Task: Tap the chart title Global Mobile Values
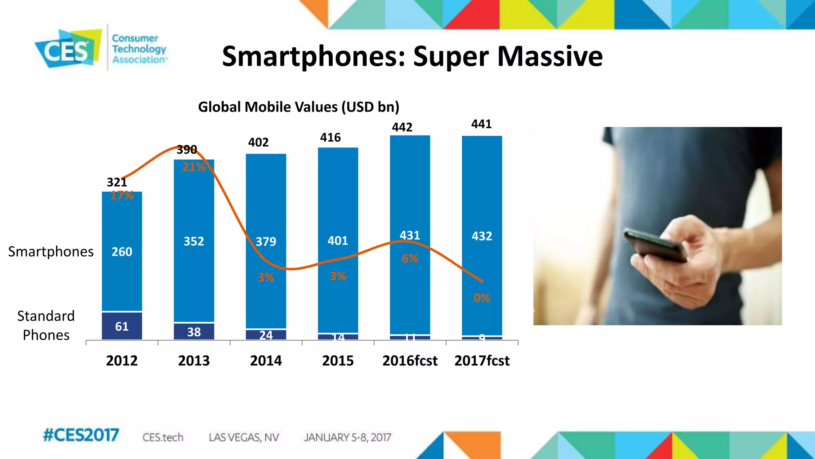[x=298, y=107]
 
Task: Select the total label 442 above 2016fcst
[x=402, y=127]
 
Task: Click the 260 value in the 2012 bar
[x=122, y=252]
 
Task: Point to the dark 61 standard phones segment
[x=122, y=326]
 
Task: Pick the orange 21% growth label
[x=194, y=167]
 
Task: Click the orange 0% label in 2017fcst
[x=482, y=298]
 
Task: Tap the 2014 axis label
[x=266, y=361]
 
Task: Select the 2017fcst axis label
[x=482, y=361]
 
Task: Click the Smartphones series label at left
[x=51, y=252]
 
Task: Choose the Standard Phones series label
[x=46, y=326]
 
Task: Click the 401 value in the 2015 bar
[x=337, y=241]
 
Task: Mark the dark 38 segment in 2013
[x=194, y=331]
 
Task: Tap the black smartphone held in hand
[x=655, y=245]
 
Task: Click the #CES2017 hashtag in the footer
[x=81, y=435]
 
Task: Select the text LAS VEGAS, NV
[x=244, y=437]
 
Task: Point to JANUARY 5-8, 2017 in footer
[x=347, y=437]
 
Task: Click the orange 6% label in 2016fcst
[x=410, y=259]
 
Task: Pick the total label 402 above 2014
[x=258, y=143]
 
